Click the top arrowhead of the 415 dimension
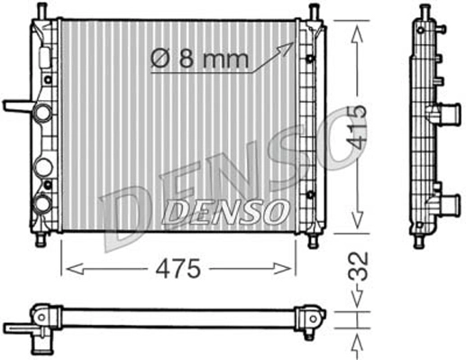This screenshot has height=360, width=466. point(358,28)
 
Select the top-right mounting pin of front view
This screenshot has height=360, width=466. point(313,11)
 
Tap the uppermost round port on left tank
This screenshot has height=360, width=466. point(42,115)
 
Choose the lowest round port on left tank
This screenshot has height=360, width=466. point(42,204)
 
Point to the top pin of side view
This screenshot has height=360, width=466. point(422,11)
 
